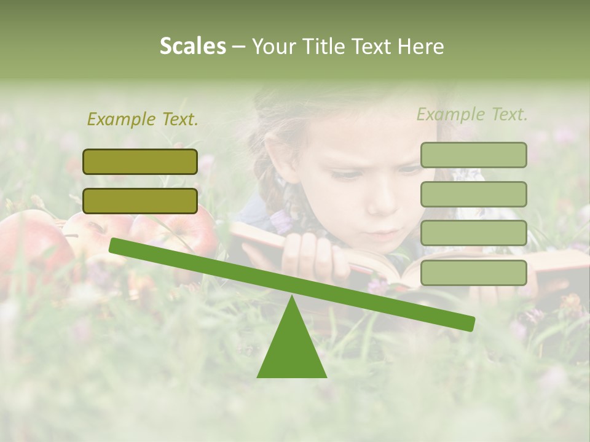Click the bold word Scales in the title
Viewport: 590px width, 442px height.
click(192, 46)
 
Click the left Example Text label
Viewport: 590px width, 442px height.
click(143, 119)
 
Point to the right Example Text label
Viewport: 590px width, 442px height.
click(472, 114)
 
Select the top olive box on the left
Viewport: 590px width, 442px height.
click(140, 161)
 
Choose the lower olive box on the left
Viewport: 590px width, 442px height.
click(140, 201)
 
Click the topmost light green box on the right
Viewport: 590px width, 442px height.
click(473, 155)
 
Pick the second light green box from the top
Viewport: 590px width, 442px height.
click(473, 194)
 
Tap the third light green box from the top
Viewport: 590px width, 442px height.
click(473, 233)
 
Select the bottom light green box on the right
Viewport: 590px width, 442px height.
click(473, 273)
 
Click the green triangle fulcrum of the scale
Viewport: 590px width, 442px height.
click(292, 350)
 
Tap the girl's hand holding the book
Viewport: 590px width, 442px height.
click(313, 255)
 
